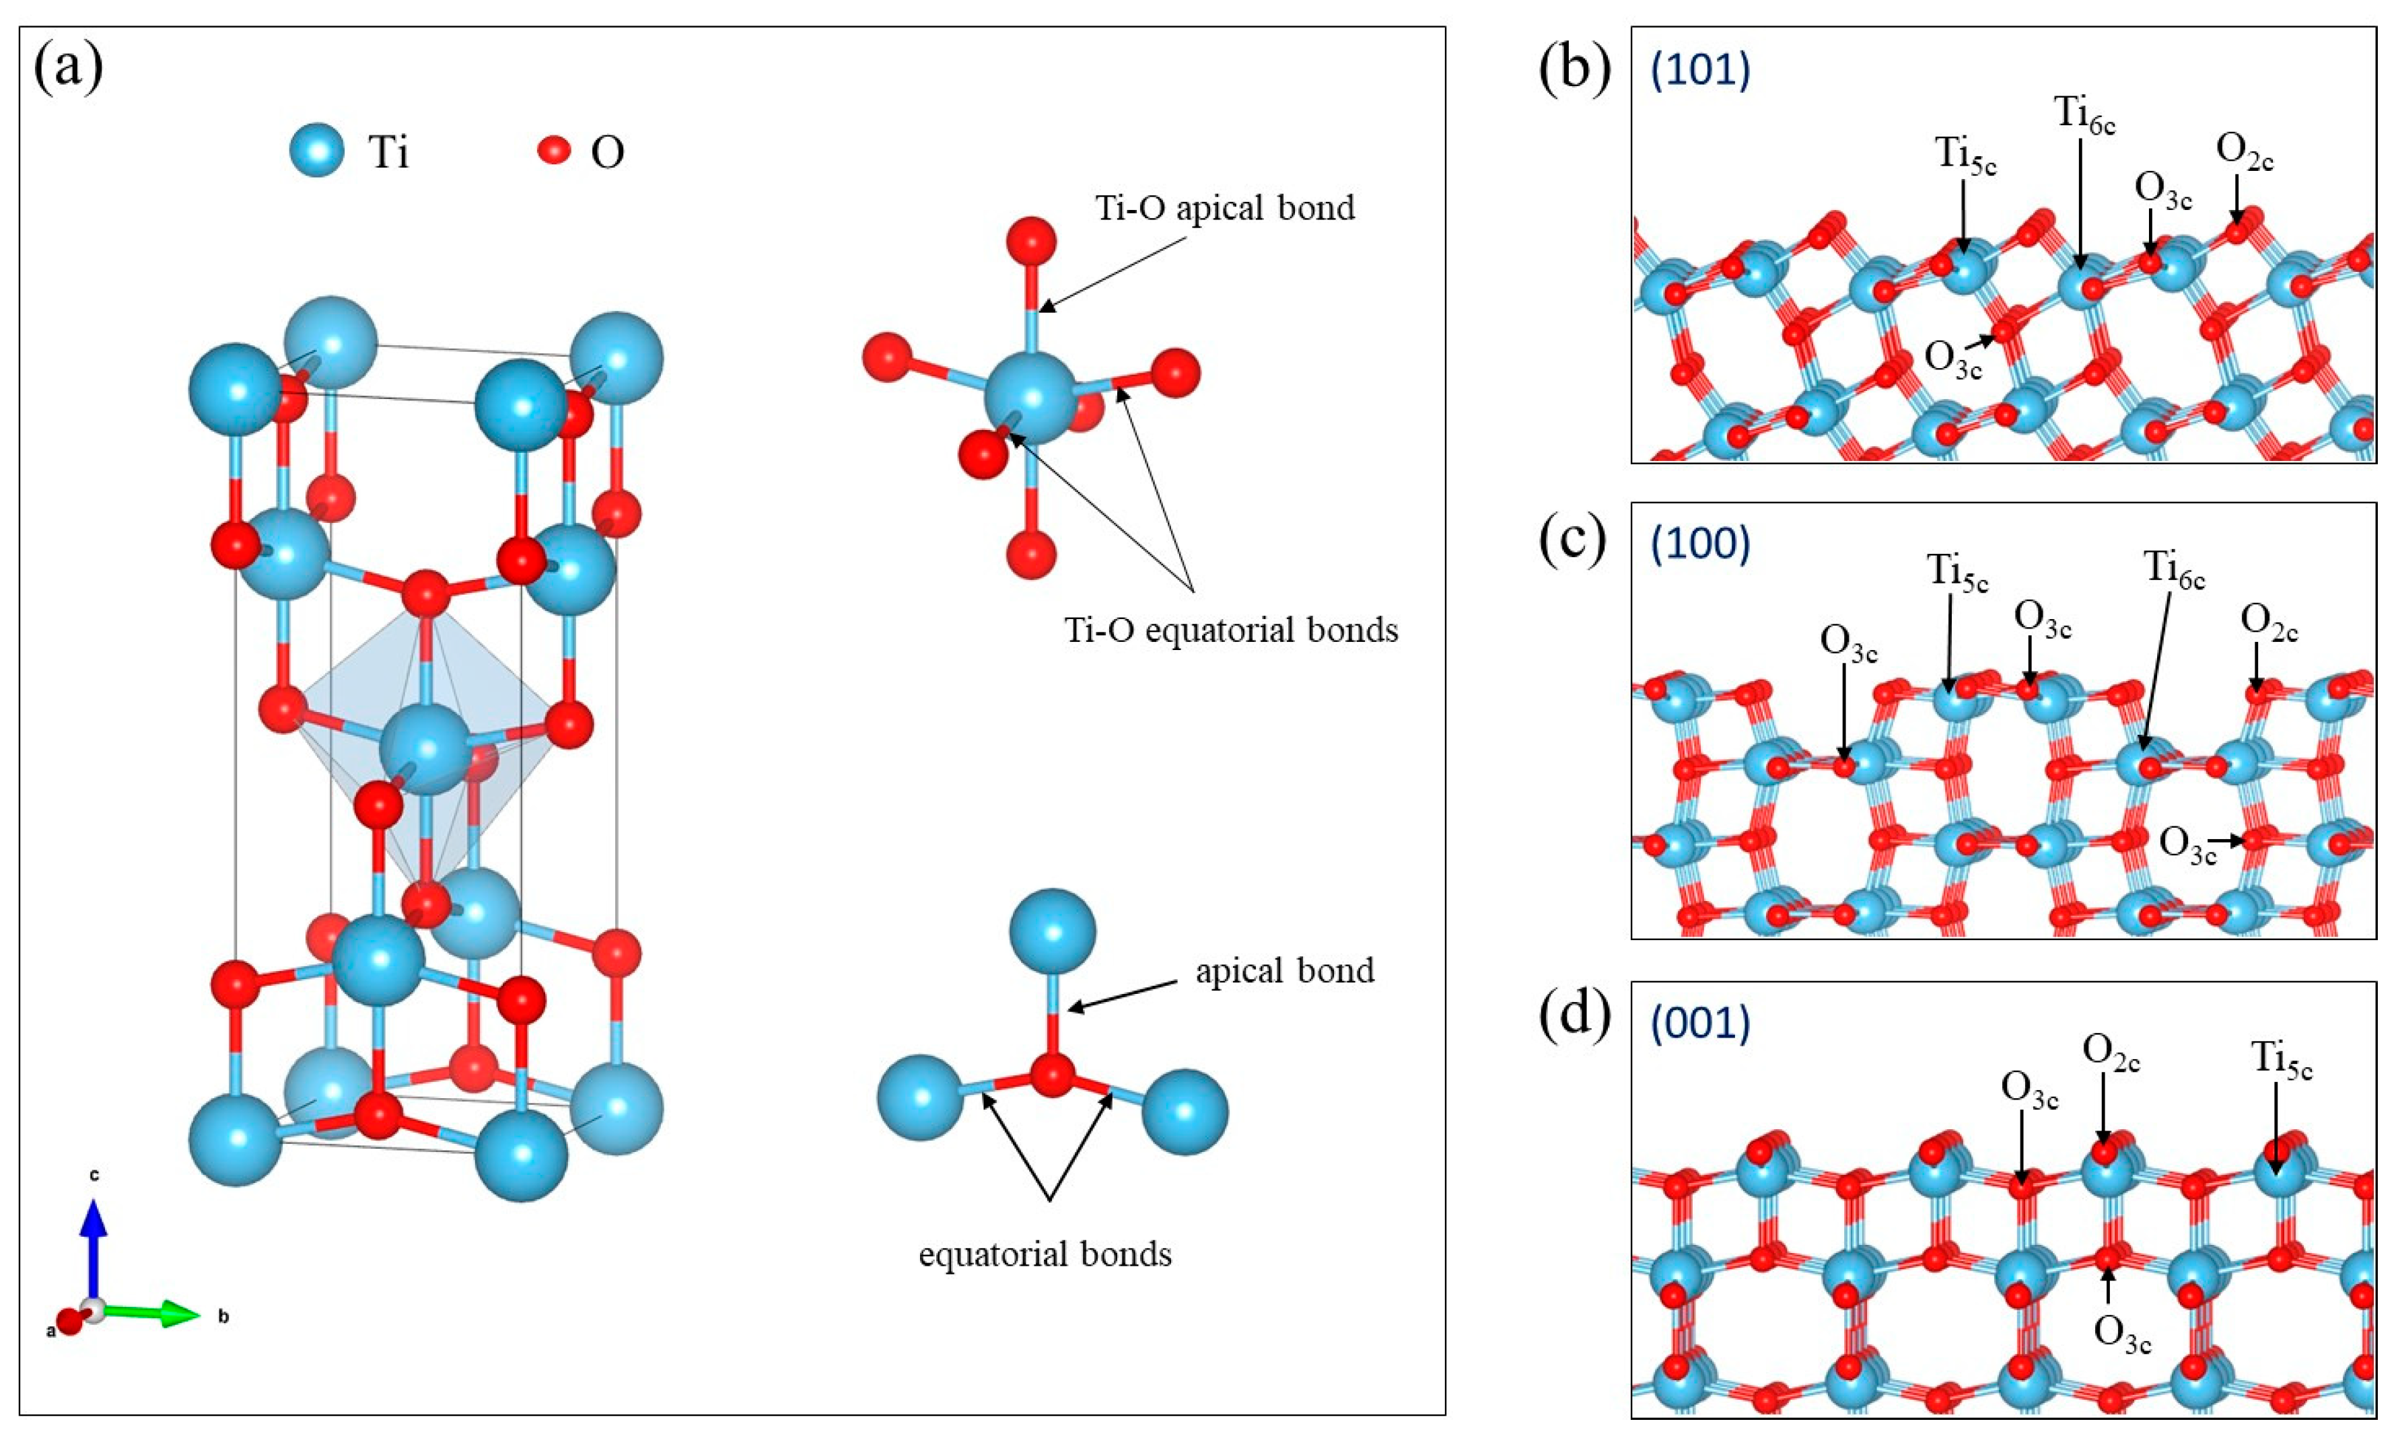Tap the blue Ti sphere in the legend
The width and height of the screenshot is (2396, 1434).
317,151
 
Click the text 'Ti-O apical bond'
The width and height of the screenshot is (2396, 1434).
1224,208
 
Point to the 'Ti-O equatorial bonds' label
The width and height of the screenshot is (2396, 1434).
1230,630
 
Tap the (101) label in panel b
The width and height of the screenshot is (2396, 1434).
1701,73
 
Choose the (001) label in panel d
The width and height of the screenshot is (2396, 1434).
1701,1024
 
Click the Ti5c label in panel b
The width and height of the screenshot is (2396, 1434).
1965,155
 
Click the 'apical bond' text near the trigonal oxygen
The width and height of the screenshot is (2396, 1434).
1283,971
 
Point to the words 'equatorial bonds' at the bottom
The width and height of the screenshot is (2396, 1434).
1044,1255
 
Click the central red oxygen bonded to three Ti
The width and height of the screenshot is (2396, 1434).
1051,1075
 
